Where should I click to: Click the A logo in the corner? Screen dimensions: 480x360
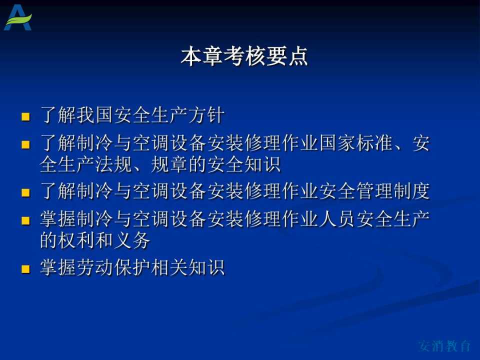click(x=18, y=18)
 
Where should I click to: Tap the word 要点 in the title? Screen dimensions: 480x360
click(x=287, y=56)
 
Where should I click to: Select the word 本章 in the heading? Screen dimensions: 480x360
click(x=202, y=56)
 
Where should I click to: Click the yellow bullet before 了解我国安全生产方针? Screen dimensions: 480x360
click(x=25, y=116)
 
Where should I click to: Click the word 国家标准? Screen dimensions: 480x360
click(x=356, y=143)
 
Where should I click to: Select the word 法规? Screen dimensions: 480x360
click(x=113, y=164)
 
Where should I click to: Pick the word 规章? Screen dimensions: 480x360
click(x=169, y=164)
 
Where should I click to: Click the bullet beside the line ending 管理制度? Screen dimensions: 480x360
click(x=25, y=192)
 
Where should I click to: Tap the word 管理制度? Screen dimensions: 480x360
click(x=393, y=191)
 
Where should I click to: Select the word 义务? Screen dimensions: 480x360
click(x=132, y=240)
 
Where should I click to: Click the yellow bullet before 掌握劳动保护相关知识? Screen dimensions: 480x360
click(x=25, y=268)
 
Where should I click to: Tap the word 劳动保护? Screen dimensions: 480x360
click(x=113, y=267)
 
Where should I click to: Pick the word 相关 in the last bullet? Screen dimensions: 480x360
click(x=169, y=267)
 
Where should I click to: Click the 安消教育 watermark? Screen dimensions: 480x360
click(x=444, y=346)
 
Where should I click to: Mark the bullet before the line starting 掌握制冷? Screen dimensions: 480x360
click(x=25, y=220)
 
